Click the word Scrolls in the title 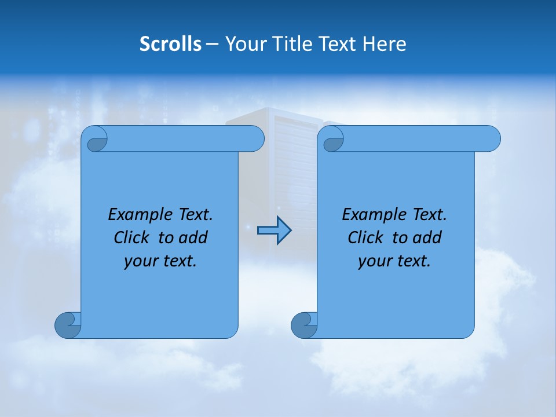click(171, 44)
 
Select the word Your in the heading click(242, 44)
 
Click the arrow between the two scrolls click(274, 231)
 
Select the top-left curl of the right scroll click(333, 140)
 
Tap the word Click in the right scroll click(365, 237)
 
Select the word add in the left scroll click(194, 237)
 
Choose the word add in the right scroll click(428, 237)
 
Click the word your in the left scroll click(140, 261)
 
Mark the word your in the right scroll click(374, 261)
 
